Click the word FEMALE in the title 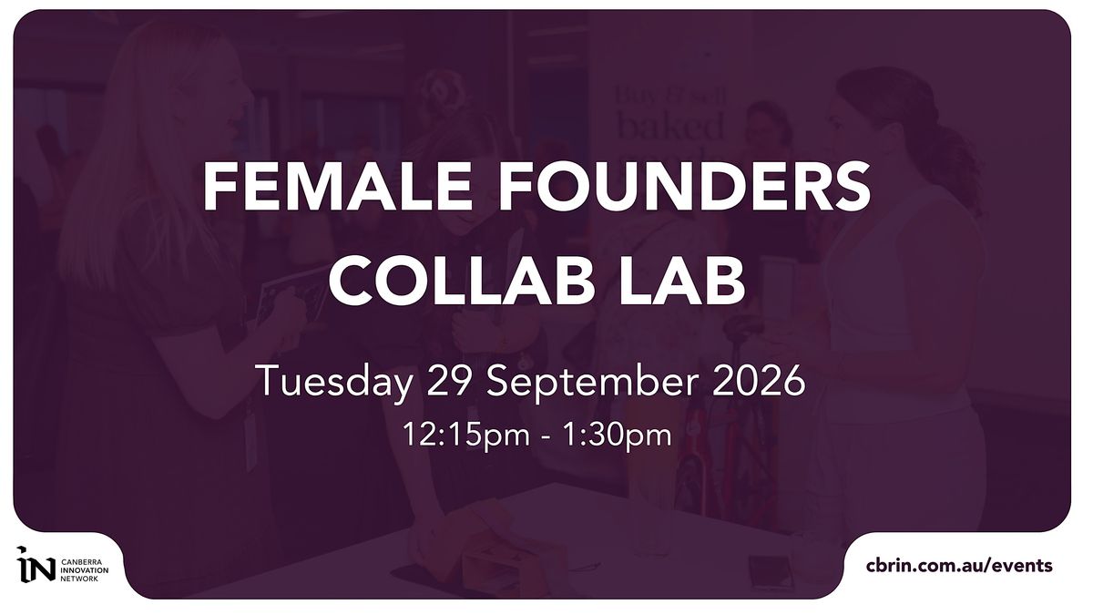(x=337, y=187)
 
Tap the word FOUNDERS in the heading (x=683, y=187)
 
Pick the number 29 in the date (x=449, y=380)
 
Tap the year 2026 (x=759, y=380)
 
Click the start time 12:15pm (x=466, y=436)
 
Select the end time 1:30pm (x=618, y=436)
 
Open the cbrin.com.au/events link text (x=959, y=566)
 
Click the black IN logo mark (x=36, y=564)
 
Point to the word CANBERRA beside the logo (x=78, y=561)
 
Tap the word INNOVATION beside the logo (x=85, y=569)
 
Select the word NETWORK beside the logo (x=79, y=579)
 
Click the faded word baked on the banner (x=671, y=125)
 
